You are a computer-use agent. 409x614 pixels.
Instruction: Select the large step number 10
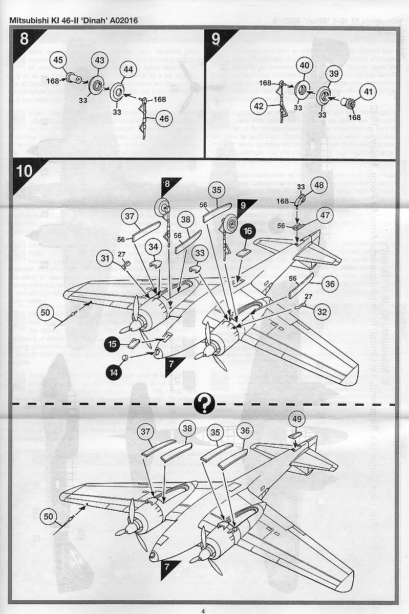pyautogui.click(x=25, y=171)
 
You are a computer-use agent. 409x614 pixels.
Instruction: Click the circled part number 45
pyautogui.click(x=59, y=60)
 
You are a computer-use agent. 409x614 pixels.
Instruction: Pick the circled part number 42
pyautogui.click(x=260, y=106)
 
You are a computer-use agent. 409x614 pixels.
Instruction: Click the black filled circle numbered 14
pyautogui.click(x=114, y=373)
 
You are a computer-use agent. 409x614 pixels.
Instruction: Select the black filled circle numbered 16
pyautogui.click(x=248, y=231)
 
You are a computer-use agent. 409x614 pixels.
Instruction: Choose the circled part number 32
pyautogui.click(x=321, y=311)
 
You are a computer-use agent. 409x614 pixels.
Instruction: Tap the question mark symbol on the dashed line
pyautogui.click(x=204, y=403)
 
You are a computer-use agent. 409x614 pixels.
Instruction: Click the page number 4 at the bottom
pyautogui.click(x=203, y=610)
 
